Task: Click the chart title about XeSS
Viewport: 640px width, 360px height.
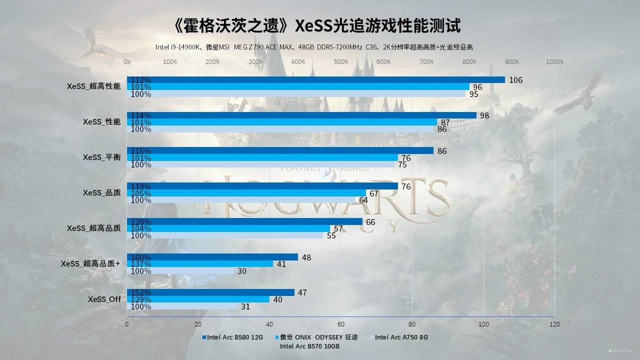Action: tap(318, 25)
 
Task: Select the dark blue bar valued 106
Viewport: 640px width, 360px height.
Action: tap(316, 80)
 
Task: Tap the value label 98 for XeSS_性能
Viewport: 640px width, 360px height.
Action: tap(484, 115)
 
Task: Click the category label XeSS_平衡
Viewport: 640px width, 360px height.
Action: tap(101, 157)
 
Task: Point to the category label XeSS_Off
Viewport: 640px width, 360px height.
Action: tap(104, 299)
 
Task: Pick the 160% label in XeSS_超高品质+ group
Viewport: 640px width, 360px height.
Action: tap(140, 257)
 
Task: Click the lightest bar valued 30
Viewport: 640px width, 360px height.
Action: tap(180, 271)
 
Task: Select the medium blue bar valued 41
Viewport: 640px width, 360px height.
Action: tap(200, 264)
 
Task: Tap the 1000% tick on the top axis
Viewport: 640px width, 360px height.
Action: tap(554, 62)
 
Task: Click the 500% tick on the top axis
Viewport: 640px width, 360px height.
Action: tap(341, 62)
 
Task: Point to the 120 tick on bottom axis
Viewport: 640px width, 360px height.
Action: tap(554, 324)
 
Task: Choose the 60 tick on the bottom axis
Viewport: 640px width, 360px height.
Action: tap(341, 324)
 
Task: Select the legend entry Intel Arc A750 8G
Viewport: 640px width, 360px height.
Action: tap(401, 337)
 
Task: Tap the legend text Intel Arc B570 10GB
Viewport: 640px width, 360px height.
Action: tap(309, 346)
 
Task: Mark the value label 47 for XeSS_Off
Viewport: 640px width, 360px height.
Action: tap(302, 292)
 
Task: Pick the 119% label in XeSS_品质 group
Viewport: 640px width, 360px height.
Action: tap(140, 186)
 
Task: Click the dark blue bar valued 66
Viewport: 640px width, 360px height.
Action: tap(244, 221)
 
